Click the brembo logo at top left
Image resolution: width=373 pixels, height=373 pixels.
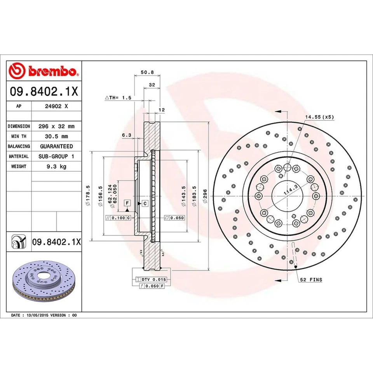44,71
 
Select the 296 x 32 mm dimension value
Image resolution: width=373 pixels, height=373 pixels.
56,126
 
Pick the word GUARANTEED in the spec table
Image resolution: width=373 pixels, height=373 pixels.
56,146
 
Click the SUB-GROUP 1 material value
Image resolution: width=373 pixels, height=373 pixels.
56,156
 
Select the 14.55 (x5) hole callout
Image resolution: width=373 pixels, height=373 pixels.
319,117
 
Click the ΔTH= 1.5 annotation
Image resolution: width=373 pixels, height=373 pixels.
119,98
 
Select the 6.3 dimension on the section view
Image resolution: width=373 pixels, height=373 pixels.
126,135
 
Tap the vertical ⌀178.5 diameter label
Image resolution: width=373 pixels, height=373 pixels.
88,195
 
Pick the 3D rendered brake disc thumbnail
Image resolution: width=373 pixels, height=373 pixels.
43,278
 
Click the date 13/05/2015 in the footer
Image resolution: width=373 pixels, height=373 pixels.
38,315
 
